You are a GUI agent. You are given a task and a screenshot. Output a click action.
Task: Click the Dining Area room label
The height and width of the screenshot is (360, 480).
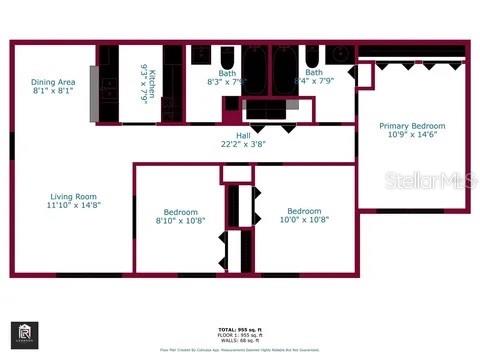[53, 82]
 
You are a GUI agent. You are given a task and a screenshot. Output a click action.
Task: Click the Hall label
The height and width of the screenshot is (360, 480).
[243, 135]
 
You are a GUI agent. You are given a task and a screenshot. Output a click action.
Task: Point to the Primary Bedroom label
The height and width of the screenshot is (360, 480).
[412, 126]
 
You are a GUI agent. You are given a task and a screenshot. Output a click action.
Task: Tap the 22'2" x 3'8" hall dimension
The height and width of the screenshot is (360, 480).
[243, 144]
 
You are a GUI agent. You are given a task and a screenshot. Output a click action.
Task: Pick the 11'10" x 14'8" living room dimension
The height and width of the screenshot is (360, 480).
[74, 205]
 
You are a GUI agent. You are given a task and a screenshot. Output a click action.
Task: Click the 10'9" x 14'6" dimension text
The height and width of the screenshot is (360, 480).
[412, 135]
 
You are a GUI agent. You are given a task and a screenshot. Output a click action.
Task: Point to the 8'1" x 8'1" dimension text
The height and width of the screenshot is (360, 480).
[53, 91]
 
